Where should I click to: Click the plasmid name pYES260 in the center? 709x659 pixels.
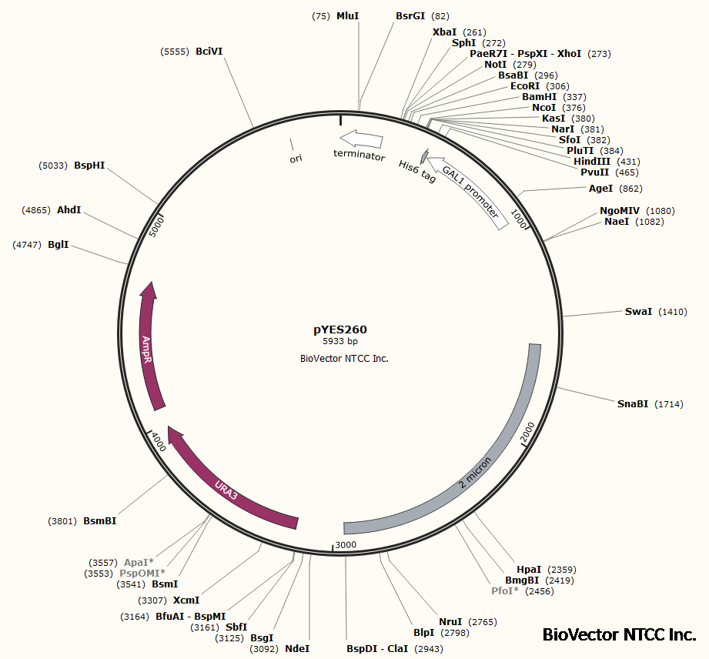coord(339,329)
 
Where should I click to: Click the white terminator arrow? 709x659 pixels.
coord(361,139)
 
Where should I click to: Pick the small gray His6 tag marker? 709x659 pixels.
coord(423,155)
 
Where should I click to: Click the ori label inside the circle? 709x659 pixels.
coord(296,159)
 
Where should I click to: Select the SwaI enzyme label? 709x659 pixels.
coord(638,312)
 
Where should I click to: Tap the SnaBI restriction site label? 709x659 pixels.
coord(633,404)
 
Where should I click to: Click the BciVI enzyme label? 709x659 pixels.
coord(209,52)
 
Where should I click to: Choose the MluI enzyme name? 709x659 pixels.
coord(348,15)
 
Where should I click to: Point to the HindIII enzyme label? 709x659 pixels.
coord(591,162)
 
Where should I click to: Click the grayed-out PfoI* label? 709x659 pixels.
coord(506,591)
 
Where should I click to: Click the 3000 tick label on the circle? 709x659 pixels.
coord(346,545)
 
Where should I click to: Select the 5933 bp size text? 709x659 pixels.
coord(339,341)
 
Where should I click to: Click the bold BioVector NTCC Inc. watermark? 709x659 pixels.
coord(619,634)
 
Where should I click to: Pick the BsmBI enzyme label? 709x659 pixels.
coord(99,521)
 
